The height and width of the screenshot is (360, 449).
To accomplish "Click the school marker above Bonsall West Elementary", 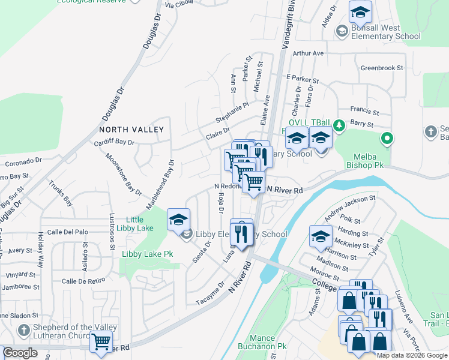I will click(x=360, y=11).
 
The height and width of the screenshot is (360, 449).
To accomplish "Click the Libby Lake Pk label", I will click(x=147, y=254).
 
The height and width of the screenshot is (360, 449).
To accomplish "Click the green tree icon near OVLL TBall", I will click(x=339, y=125).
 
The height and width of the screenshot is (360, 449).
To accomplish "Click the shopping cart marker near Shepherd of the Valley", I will click(x=101, y=341).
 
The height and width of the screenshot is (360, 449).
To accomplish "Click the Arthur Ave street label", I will click(x=308, y=53).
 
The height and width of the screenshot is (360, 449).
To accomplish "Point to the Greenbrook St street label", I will click(x=381, y=68).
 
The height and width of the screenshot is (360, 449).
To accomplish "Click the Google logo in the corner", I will click(x=20, y=353).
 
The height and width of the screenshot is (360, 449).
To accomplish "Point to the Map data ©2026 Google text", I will click(x=412, y=355).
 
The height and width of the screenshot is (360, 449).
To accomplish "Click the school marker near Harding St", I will click(x=321, y=236).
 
